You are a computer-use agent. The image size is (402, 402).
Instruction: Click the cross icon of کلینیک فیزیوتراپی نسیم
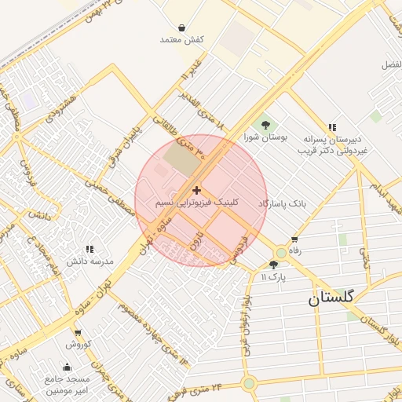point(196,190)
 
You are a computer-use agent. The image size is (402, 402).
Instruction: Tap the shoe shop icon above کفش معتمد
point(181,27)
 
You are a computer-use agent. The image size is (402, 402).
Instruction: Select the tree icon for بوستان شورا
point(265,124)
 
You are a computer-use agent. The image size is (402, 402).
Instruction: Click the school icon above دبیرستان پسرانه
point(332,127)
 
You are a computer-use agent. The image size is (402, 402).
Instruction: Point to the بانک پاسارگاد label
point(281,203)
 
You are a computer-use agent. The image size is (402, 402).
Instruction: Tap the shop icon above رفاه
point(294,239)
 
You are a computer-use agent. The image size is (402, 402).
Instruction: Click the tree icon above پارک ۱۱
point(273,265)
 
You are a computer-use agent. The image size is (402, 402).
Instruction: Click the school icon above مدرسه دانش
point(89,249)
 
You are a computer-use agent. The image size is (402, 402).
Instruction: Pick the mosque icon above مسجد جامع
point(67,367)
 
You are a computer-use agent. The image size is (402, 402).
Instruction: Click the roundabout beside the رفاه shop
point(280,253)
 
